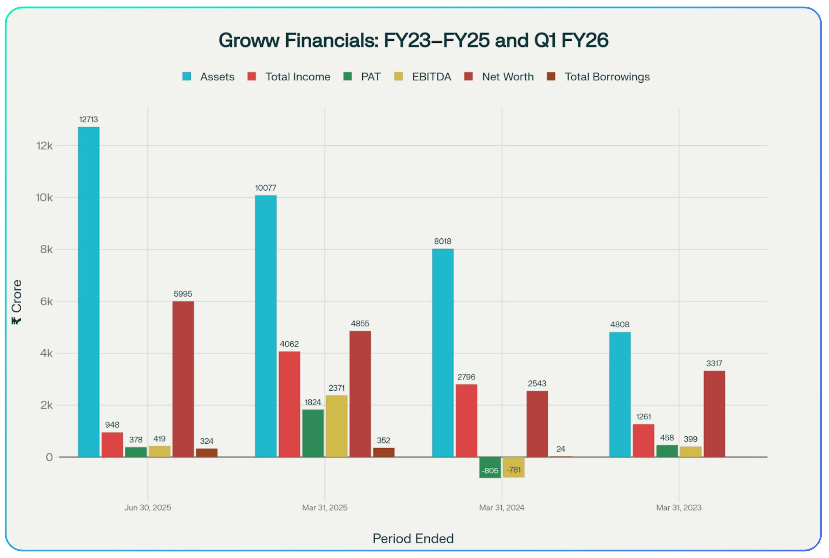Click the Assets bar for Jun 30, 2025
tap(89, 292)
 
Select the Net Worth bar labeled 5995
tap(183, 379)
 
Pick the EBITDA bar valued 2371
tap(336, 426)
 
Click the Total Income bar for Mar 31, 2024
tap(466, 421)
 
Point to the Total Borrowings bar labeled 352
tap(383, 452)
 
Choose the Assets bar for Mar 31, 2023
tap(620, 395)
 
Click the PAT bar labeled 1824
tap(313, 433)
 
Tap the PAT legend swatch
tap(347, 76)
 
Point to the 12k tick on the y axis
tap(44, 145)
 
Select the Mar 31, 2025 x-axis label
tap(324, 508)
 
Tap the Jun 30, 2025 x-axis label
tap(148, 508)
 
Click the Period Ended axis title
tap(413, 538)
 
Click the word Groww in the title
tap(249, 40)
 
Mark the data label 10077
tap(266, 188)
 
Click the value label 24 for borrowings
tap(561, 449)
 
